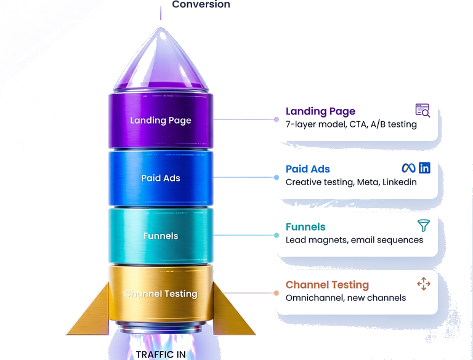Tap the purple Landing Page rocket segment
pos(161,119)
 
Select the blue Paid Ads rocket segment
pos(161,178)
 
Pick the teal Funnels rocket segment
pos(161,236)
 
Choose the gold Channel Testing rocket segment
pos(161,294)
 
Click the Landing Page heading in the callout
pos(320,111)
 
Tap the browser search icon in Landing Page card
pos(422,111)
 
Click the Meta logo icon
pos(408,168)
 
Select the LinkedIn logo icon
pos(424,168)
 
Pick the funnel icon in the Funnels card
pos(423,225)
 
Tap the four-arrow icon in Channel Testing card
pos(423,284)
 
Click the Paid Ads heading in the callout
pos(307,169)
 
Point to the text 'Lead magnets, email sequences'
pos(354,240)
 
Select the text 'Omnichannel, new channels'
pos(346,298)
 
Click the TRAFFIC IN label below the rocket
pos(160,354)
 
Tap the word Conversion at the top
pos(201,5)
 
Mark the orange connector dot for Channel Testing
pos(277,293)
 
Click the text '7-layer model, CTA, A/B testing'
pos(351,124)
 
